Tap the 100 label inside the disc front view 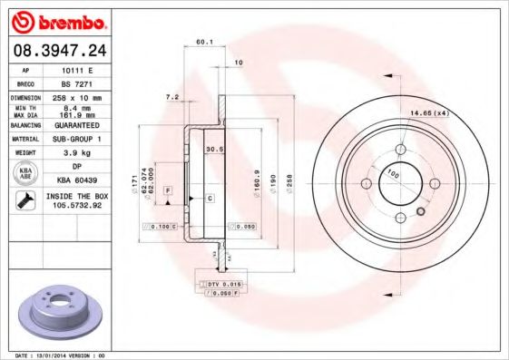pos(393,172)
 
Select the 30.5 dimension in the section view pos(214,149)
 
